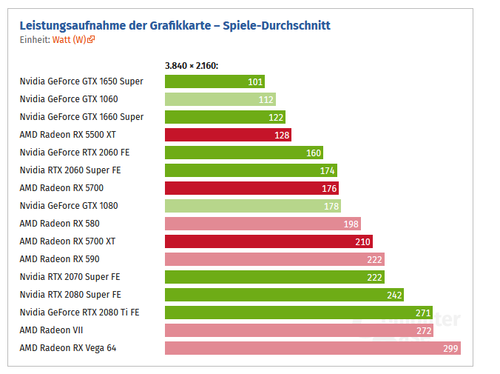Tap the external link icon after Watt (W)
pos(92,40)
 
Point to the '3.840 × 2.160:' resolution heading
pos(192,66)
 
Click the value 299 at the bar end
pos(450,348)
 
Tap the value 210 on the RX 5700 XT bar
pos(362,241)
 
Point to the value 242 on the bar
pos(394,295)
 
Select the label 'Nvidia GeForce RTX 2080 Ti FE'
pos(79,313)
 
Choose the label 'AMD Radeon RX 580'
pos(59,224)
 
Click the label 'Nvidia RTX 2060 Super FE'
pos(70,170)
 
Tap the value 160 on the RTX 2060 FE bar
pos(314,153)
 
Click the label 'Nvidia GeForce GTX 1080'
pos(69,206)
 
